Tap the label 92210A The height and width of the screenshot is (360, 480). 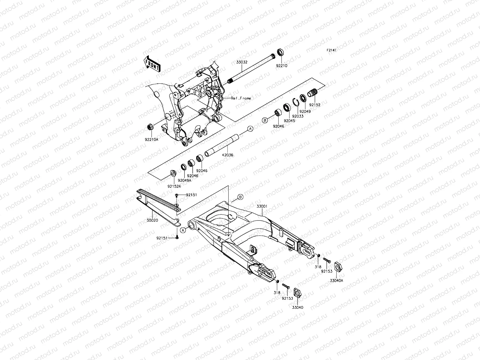[x=151, y=139]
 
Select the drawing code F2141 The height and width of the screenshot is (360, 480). [x=331, y=50]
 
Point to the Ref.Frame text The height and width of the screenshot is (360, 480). [x=241, y=98]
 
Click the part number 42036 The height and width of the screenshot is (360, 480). [x=227, y=155]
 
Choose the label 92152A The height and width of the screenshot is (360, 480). [x=174, y=186]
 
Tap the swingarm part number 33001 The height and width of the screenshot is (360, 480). [x=262, y=207]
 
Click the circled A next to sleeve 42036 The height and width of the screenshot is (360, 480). [x=250, y=129]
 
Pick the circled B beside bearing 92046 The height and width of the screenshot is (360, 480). [x=265, y=120]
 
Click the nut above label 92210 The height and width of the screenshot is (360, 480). [x=280, y=52]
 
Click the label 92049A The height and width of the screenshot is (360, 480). [x=184, y=181]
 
